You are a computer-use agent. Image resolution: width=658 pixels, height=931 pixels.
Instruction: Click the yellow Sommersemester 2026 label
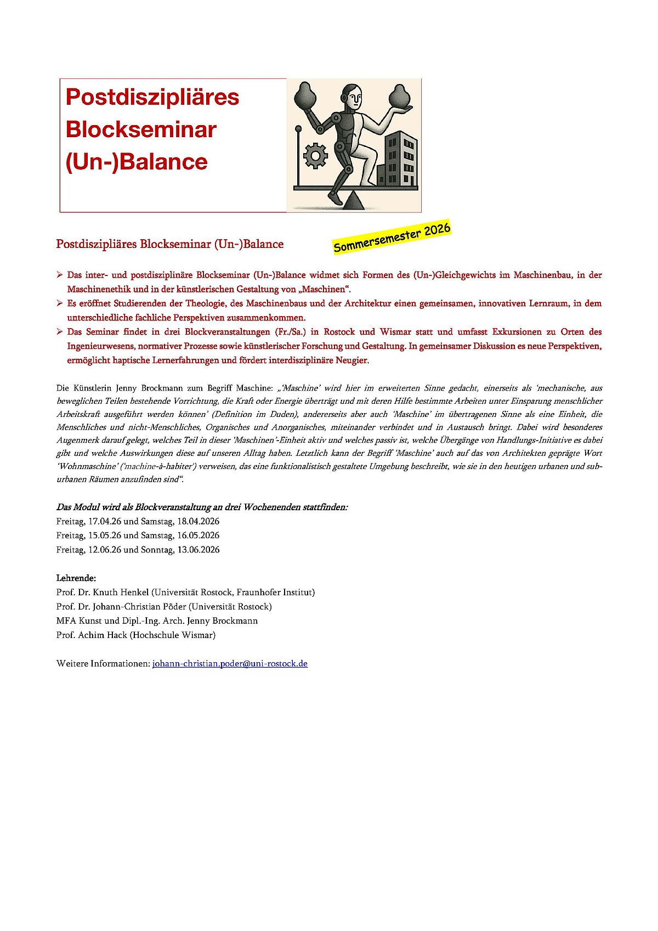[392, 238]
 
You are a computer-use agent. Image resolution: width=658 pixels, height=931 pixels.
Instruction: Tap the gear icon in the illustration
[315, 156]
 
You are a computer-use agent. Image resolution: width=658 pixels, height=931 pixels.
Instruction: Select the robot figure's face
[355, 99]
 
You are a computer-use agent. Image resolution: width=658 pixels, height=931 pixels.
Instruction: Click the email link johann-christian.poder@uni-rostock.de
[230, 663]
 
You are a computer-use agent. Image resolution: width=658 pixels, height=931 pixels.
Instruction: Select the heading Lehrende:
[76, 578]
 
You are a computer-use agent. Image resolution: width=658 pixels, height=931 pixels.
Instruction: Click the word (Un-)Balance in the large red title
[137, 162]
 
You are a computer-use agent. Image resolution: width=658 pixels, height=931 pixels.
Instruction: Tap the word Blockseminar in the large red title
[141, 129]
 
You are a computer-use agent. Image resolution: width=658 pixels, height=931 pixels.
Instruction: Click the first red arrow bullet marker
[60, 274]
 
